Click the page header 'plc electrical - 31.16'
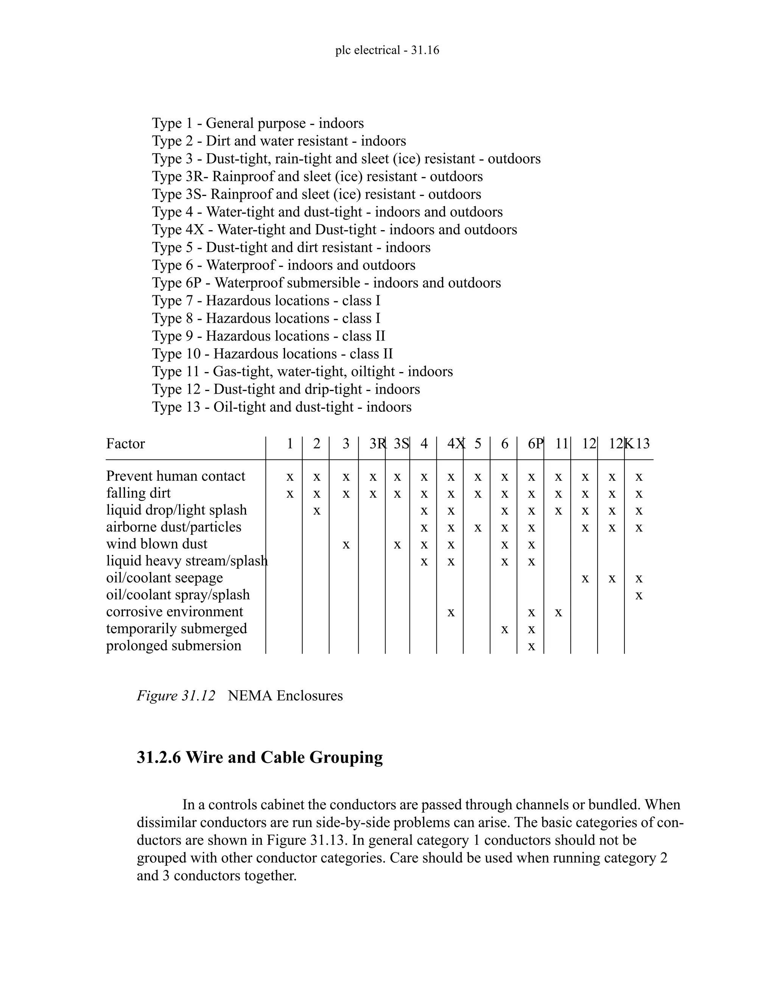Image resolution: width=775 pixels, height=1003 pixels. click(x=387, y=50)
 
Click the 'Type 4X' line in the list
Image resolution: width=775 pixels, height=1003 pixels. click(x=334, y=230)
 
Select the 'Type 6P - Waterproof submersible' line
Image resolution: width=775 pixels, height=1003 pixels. click(x=326, y=283)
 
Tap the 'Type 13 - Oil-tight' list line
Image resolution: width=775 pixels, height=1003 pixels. click(x=282, y=407)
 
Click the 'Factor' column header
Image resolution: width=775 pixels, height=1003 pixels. click(x=125, y=444)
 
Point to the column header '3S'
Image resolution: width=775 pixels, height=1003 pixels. click(x=401, y=444)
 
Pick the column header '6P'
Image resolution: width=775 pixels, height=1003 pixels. click(x=535, y=444)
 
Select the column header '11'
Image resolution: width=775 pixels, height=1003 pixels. click(x=562, y=444)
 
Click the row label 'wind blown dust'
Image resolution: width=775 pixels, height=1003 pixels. click(x=157, y=544)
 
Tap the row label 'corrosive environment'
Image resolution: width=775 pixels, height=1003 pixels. click(x=174, y=612)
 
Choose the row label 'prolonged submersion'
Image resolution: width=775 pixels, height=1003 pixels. click(x=174, y=646)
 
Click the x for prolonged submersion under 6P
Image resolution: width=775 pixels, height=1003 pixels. click(x=531, y=646)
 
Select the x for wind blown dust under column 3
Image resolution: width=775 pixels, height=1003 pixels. click(x=346, y=545)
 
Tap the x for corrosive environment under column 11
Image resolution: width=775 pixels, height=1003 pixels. click(x=558, y=613)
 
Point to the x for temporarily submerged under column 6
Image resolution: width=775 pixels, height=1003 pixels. click(x=504, y=630)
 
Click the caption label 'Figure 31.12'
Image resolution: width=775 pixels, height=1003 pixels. click(x=175, y=696)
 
